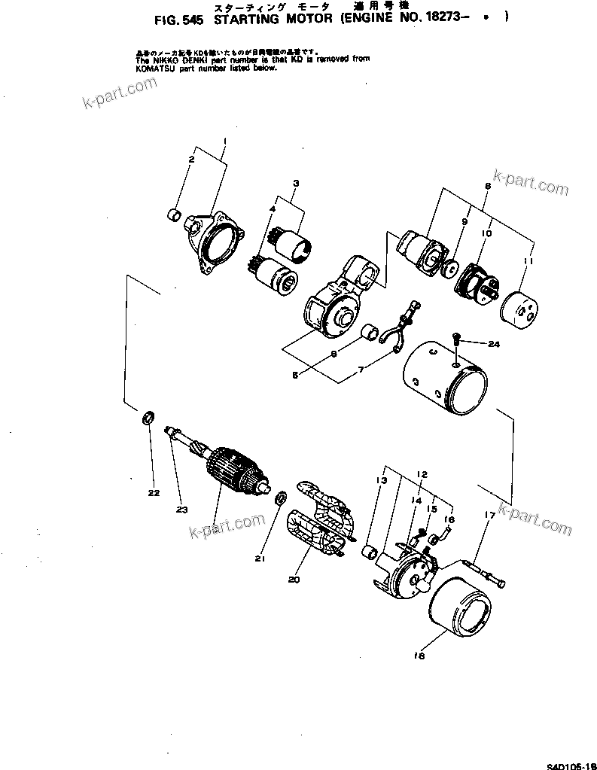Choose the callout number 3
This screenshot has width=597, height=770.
pyautogui.click(x=296, y=183)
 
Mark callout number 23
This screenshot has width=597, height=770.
pyautogui.click(x=181, y=509)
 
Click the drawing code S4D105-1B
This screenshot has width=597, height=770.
pyautogui.click(x=569, y=762)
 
